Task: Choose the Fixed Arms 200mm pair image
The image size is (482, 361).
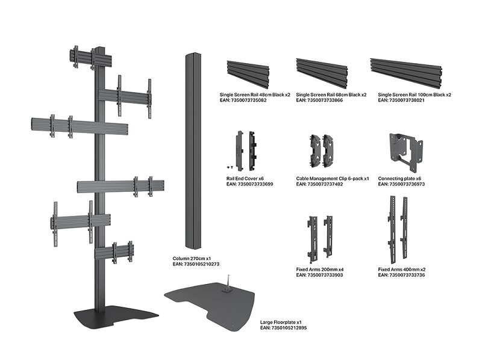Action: (319, 235)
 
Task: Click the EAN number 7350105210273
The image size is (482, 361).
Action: (196, 264)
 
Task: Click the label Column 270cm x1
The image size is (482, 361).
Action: (193, 258)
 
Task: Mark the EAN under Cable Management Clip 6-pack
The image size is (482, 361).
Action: (320, 184)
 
